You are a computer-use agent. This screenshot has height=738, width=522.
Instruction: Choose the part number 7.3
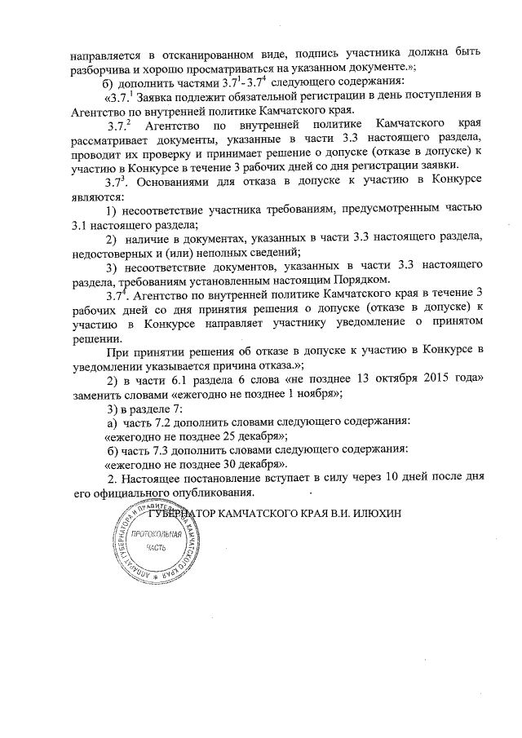coord(157,450)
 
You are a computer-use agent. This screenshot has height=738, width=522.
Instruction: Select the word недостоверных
coord(110,250)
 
